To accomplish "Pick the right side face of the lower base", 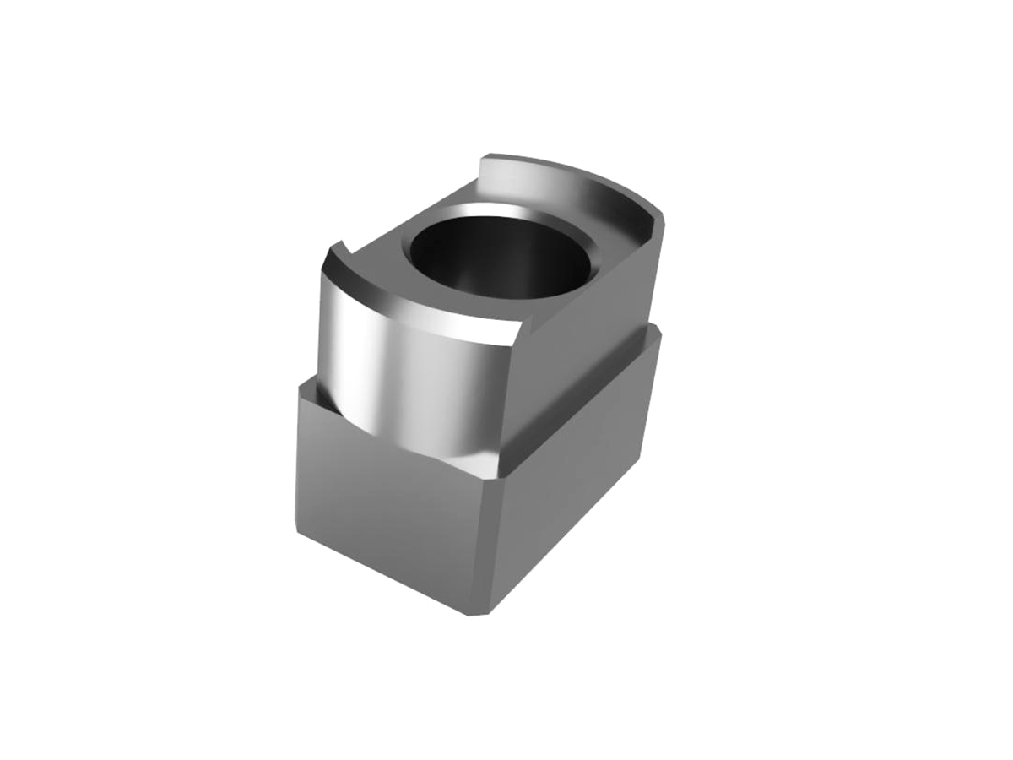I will click(574, 473).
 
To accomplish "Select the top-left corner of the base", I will click(299, 386).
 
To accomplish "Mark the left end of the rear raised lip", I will click(483, 160).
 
